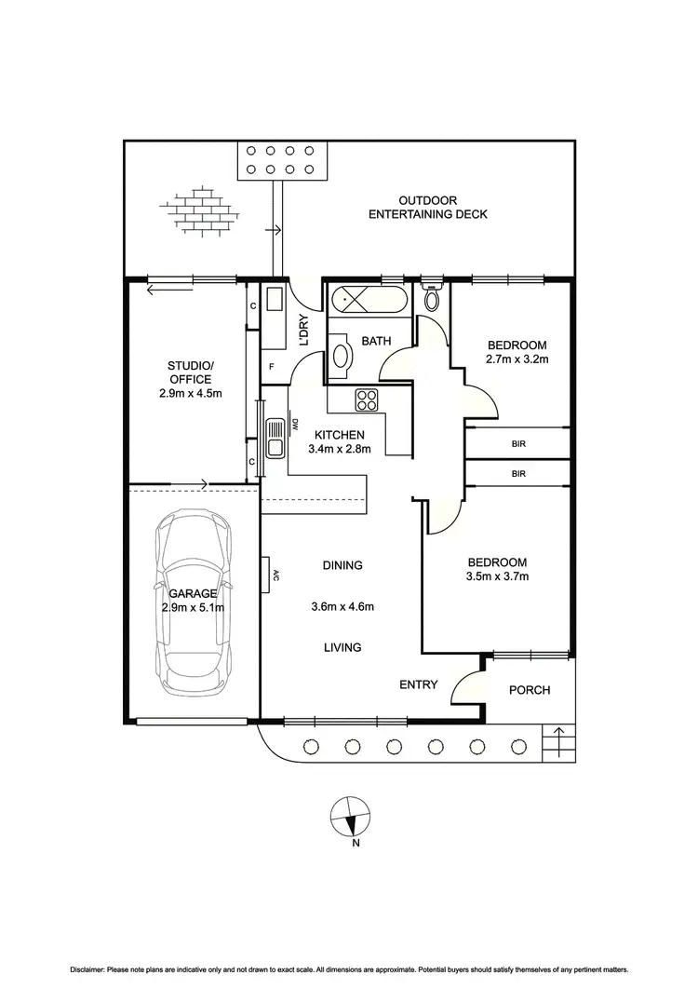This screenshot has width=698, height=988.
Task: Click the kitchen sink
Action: click(275, 438)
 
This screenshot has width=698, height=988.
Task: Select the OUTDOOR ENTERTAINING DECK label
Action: click(428, 208)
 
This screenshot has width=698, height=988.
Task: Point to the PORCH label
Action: click(530, 690)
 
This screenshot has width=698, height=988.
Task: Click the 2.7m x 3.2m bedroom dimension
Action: click(517, 359)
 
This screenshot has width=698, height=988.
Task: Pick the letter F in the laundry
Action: click(272, 367)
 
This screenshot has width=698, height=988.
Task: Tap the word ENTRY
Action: click(419, 684)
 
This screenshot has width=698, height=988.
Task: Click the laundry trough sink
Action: click(275, 301)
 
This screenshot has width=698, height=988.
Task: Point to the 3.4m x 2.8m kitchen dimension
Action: click(340, 449)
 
